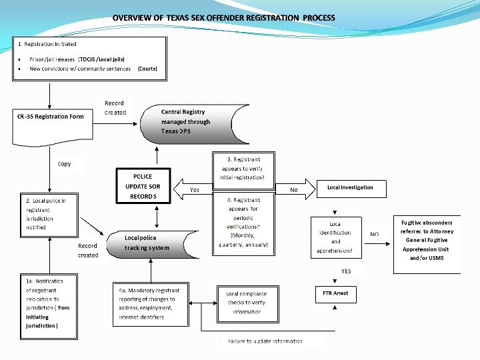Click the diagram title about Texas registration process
224,17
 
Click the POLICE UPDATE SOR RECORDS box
143,187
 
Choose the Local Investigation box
350,187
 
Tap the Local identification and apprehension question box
336,237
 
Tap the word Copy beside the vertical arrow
65,164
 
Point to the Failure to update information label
264,341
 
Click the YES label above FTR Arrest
346,271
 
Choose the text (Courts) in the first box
147,68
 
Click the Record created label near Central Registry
115,108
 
